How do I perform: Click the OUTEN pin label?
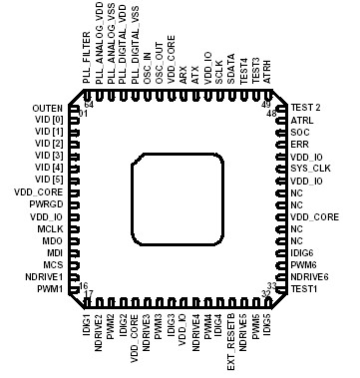pos(47,107)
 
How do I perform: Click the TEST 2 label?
pos(305,107)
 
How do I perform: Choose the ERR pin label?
pos(298,144)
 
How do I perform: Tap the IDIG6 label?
pos(303,252)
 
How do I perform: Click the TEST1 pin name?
pos(304,289)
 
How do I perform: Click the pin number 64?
pos(89,104)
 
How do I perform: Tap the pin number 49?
pos(265,104)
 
